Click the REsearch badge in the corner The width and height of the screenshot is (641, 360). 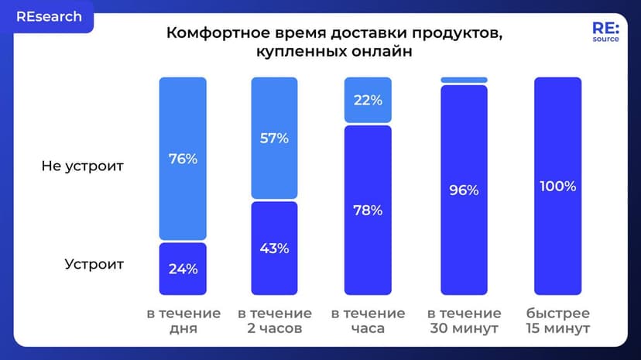coord(47,17)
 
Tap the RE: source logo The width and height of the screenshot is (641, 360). coord(605,31)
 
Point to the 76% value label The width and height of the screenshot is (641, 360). coord(183,159)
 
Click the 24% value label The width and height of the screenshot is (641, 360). coord(183,269)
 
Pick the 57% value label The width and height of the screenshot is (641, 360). coord(274,139)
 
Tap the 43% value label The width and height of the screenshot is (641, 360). coord(274,249)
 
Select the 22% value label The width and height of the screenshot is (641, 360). coord(368,100)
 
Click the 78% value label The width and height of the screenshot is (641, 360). coord(368,211)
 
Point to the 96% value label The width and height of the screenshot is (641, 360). coord(464,190)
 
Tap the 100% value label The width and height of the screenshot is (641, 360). coord(557,187)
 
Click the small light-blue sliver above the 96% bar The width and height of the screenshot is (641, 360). coord(464,80)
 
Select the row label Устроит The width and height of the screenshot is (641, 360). coord(94,264)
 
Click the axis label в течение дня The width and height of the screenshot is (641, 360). coord(183,321)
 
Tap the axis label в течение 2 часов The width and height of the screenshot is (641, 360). coord(275,321)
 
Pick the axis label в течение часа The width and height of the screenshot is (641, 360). coord(368,321)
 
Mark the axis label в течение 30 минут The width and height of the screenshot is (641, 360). coord(464,321)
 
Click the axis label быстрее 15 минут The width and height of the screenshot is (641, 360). coord(557,321)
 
